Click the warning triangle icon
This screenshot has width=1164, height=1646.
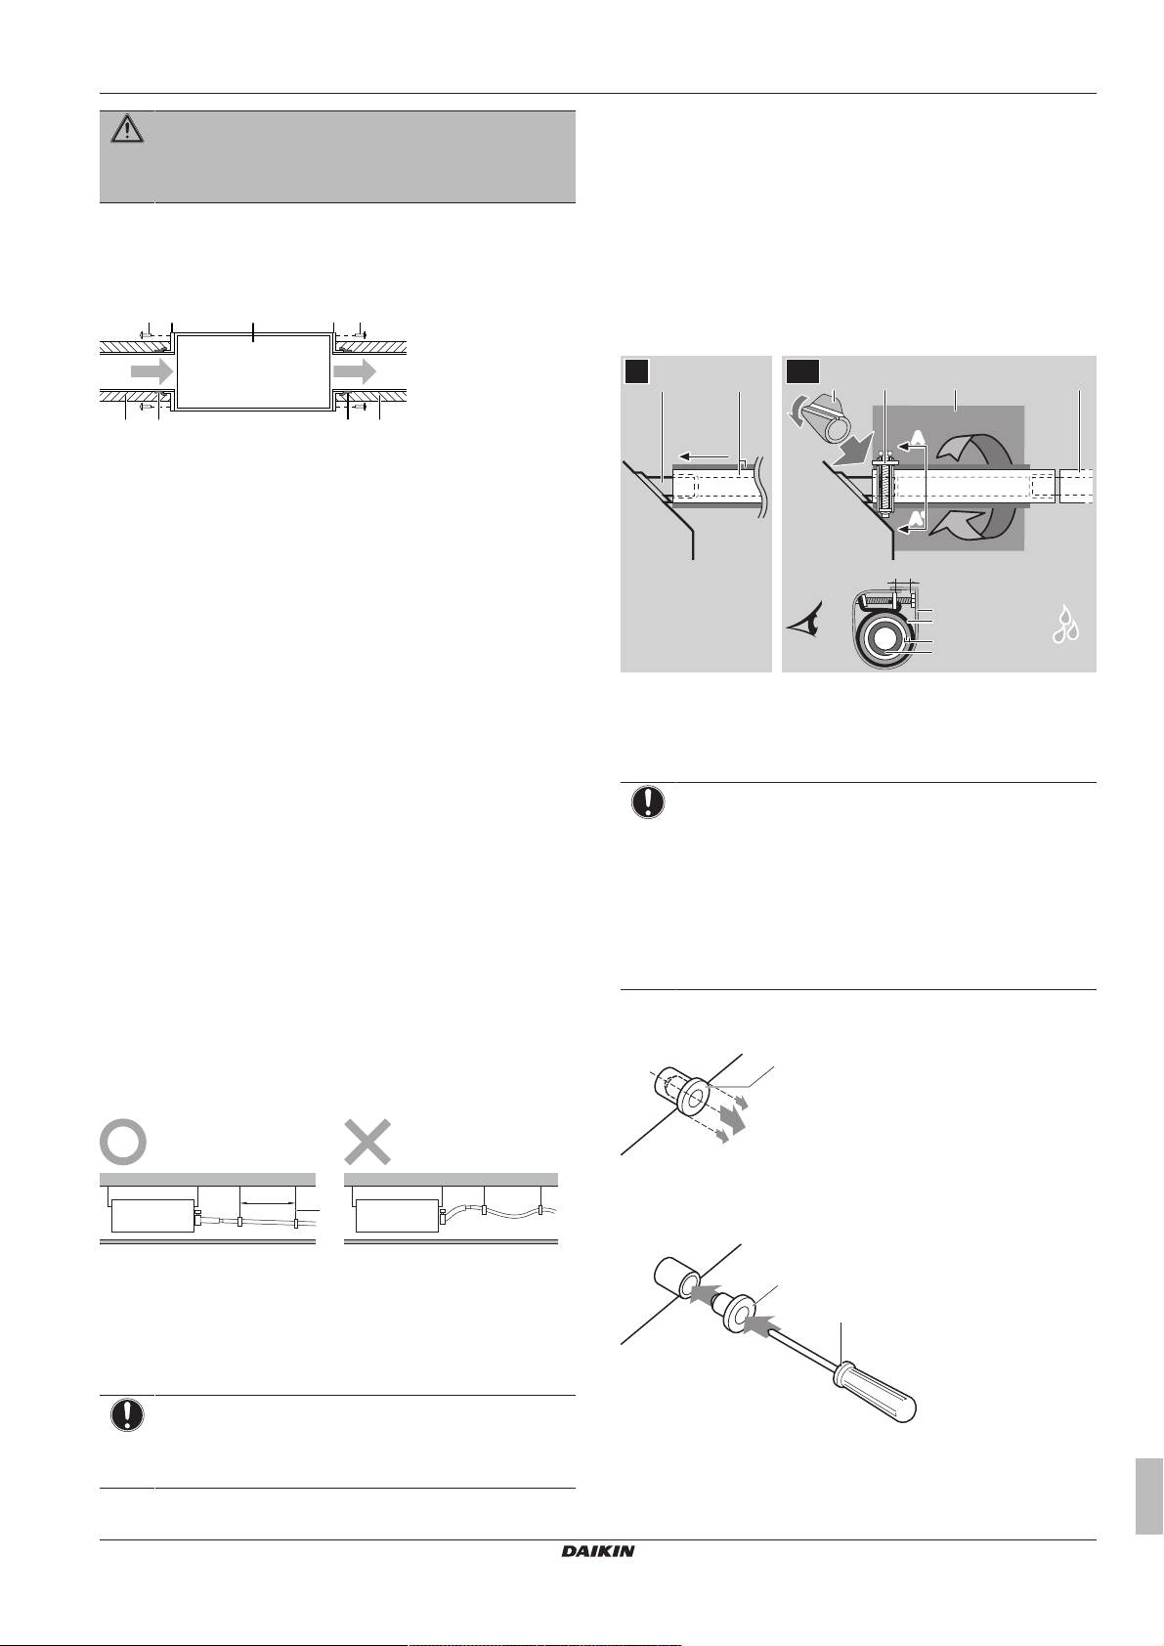tap(127, 130)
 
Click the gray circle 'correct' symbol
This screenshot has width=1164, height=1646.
tap(124, 1141)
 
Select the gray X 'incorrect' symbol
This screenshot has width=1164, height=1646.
tap(368, 1141)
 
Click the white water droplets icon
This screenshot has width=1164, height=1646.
tap(1064, 625)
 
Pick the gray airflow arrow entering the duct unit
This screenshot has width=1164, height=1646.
tap(151, 370)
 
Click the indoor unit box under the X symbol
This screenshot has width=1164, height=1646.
tap(396, 1217)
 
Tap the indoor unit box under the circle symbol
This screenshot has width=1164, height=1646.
tap(152, 1217)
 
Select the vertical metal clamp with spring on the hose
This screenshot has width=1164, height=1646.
tap(883, 485)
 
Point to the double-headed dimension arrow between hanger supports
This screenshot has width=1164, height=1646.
tap(268, 1201)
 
